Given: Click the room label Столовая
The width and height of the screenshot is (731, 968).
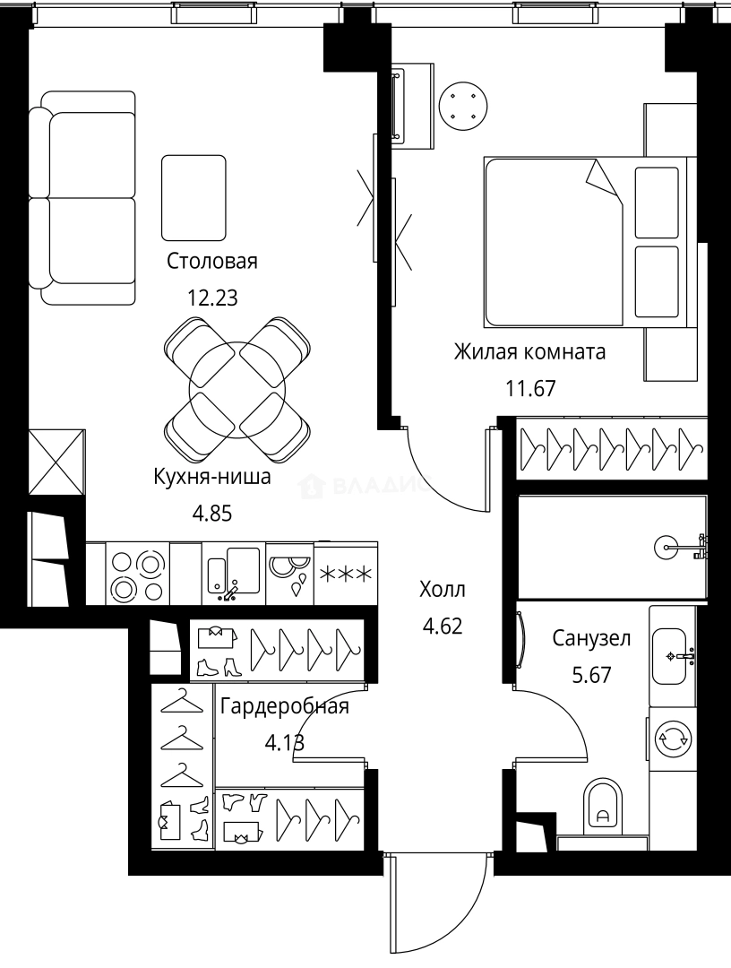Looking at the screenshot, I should (x=212, y=262).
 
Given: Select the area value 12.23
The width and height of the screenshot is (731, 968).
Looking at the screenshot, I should (x=212, y=298).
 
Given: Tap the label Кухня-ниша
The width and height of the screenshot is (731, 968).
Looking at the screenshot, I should (x=212, y=478).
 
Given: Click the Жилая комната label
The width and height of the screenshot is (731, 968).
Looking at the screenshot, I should (x=529, y=351).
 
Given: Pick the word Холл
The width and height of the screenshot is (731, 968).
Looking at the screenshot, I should (x=443, y=590).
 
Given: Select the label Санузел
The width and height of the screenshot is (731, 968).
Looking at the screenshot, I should (x=591, y=638).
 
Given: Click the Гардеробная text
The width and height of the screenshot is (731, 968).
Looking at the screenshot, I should (x=284, y=706).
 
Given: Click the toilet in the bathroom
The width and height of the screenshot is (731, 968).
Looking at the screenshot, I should (x=602, y=806).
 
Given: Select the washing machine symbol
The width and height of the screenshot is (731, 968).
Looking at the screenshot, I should (x=672, y=739).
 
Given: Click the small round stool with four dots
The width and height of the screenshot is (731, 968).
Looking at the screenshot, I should (x=464, y=107).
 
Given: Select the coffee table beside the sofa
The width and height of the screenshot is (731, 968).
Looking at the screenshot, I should (x=193, y=196).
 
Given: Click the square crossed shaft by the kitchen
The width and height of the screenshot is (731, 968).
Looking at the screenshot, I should (x=56, y=462).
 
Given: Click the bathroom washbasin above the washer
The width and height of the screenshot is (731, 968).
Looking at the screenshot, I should (x=671, y=653).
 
